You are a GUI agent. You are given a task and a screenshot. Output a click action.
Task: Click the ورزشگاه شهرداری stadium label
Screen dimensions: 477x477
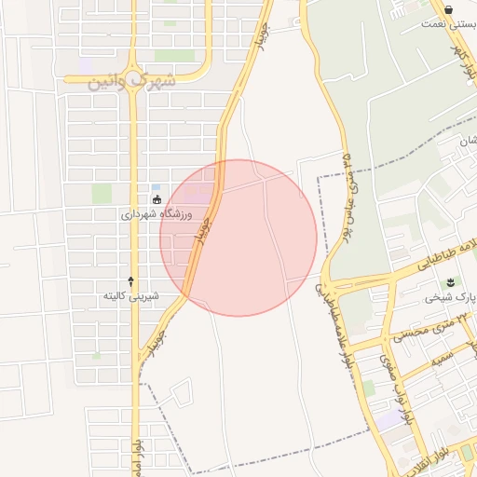tap(157, 214)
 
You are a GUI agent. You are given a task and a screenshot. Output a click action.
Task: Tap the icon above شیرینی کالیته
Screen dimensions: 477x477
tap(130, 280)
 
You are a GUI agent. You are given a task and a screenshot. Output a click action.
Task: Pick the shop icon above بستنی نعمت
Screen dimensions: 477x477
tap(449, 9)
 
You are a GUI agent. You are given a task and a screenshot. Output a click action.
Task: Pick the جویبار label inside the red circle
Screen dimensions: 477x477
tap(202, 228)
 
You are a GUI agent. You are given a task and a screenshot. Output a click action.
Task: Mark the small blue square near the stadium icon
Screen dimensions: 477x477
tap(156, 187)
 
